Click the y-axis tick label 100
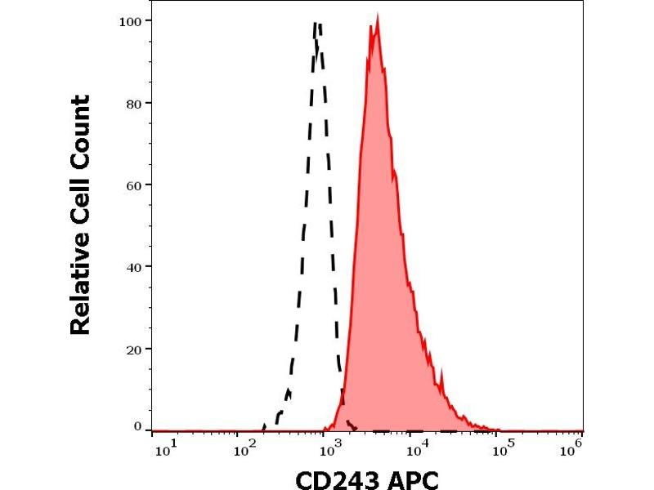pyautogui.click(x=129, y=20)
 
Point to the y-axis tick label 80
pyautogui.click(x=132, y=103)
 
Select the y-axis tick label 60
pyautogui.click(x=132, y=185)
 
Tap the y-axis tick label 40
pyautogui.click(x=132, y=267)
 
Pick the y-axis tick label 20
pyautogui.click(x=132, y=349)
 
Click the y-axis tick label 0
pyautogui.click(x=137, y=425)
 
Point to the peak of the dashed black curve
pyautogui.click(x=317, y=24)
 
